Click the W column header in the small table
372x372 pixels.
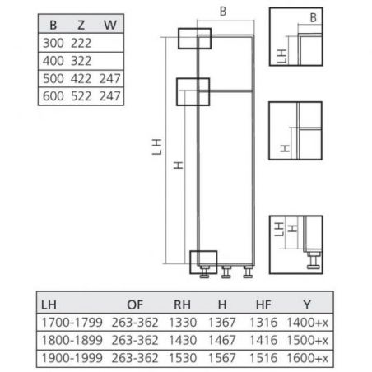click(110, 25)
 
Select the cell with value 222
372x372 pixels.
click(81, 43)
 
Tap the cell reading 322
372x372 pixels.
click(81, 61)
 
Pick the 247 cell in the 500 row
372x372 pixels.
click(109, 79)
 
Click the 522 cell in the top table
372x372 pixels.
click(81, 96)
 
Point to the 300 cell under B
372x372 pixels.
click(53, 43)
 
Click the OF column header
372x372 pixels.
click(135, 305)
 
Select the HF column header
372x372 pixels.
click(263, 305)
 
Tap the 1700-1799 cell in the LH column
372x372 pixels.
click(72, 323)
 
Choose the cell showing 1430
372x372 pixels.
click(183, 340)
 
